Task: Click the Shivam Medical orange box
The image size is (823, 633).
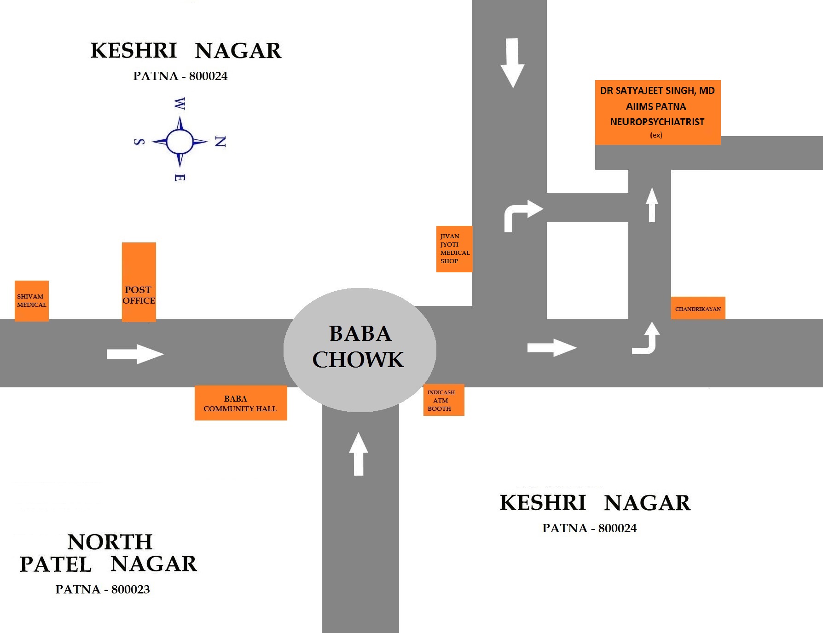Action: (32, 301)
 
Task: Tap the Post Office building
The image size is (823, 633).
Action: (139, 282)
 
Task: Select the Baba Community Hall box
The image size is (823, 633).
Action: (241, 403)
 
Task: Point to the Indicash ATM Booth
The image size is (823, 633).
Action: (443, 400)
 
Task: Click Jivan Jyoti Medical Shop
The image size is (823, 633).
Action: (454, 249)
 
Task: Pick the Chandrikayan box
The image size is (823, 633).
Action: (698, 308)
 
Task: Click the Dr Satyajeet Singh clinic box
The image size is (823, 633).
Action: (657, 112)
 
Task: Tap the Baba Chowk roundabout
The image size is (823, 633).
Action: (359, 350)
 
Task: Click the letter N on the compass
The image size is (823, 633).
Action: (220, 142)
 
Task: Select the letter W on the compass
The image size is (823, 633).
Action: (180, 104)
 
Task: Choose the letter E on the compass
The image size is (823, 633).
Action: (180, 178)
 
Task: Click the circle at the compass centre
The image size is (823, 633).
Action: (180, 142)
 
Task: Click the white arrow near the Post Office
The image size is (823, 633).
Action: (135, 354)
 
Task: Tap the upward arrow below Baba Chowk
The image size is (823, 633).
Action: (359, 454)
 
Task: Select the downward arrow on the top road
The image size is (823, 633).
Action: (512, 63)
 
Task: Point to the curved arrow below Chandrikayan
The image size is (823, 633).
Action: (648, 339)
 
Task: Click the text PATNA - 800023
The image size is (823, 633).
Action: (103, 589)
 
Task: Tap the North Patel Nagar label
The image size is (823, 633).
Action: (109, 553)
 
